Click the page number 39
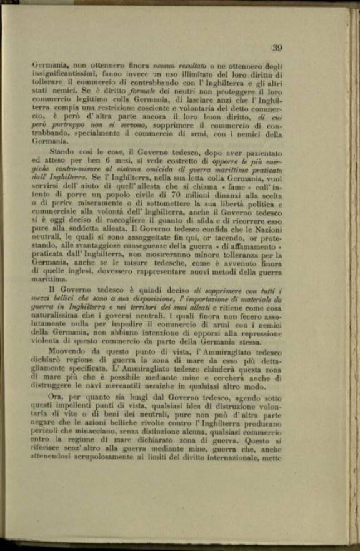pos(277,47)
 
